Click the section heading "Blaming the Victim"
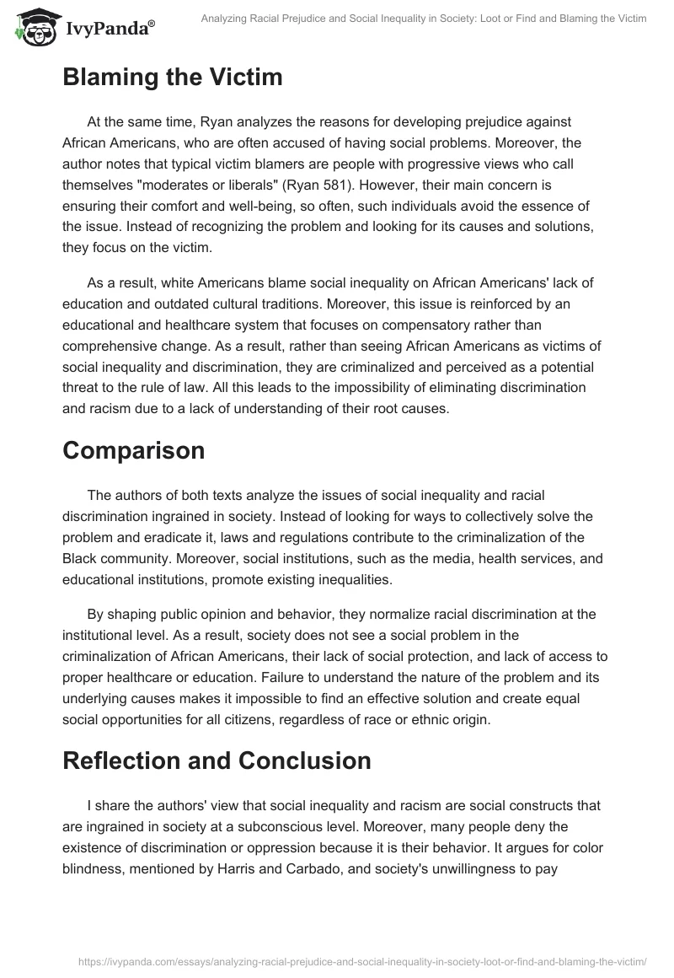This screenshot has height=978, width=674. [173, 78]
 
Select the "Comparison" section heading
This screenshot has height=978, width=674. [134, 450]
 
